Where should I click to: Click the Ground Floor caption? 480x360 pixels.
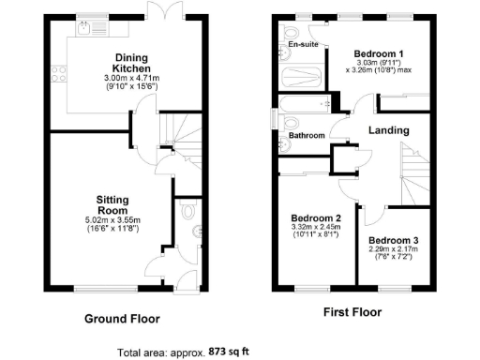[122, 318]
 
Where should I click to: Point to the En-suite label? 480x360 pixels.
[301, 44]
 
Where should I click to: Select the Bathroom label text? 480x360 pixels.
[306, 136]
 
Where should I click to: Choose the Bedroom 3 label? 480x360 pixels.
[393, 240]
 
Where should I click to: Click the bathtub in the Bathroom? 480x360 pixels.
[304, 103]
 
